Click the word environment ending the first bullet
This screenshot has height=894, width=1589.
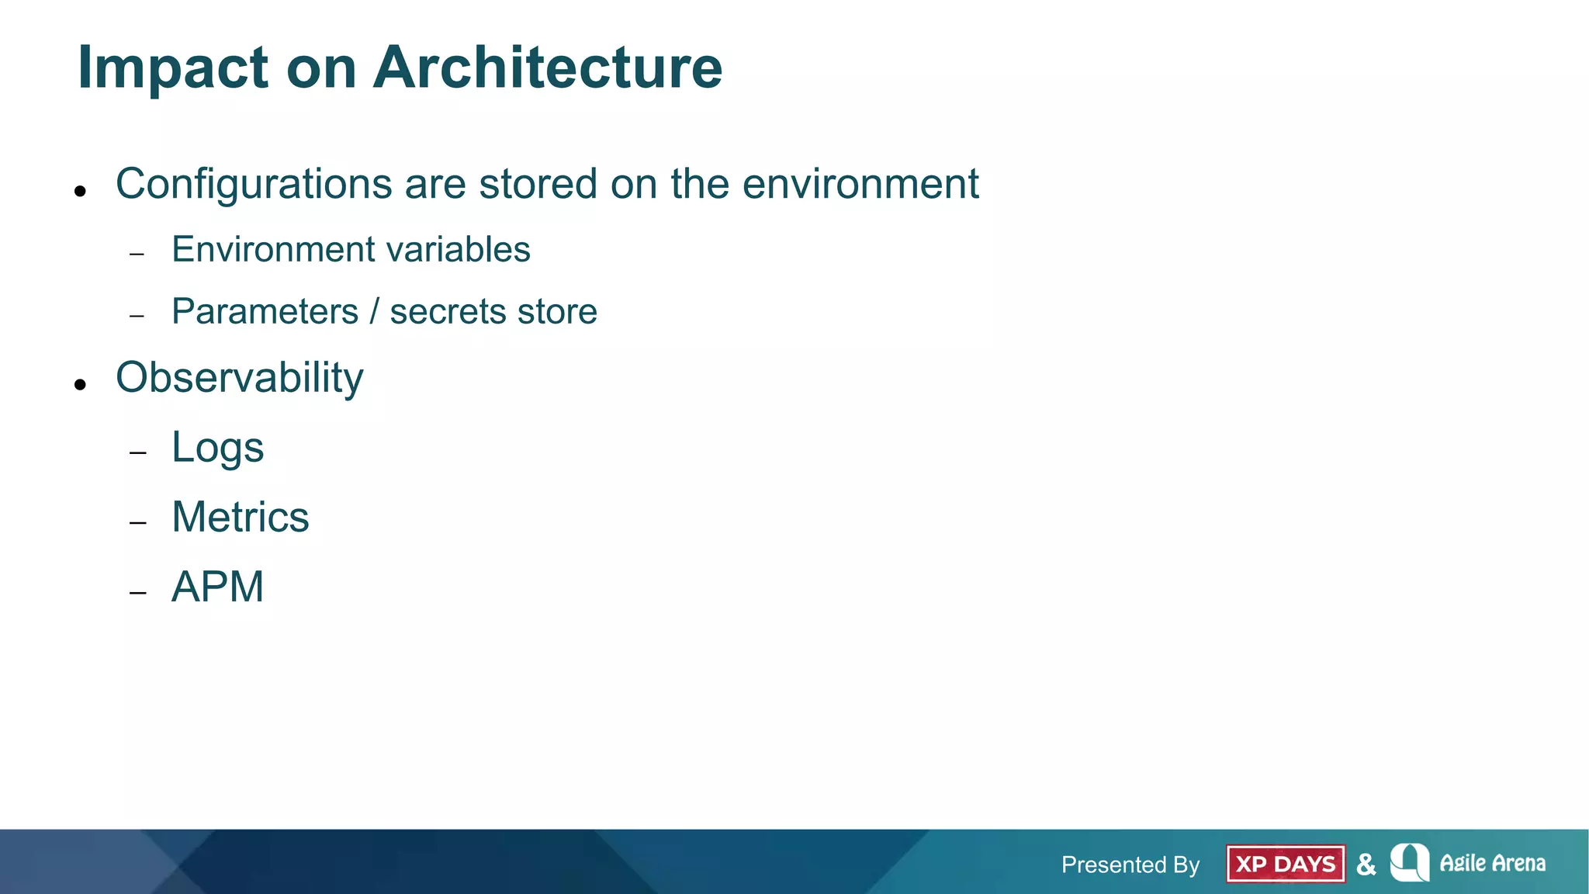point(860,184)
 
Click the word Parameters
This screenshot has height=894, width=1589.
point(265,312)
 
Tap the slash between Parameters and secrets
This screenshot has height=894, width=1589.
point(374,312)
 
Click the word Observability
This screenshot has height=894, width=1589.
point(239,378)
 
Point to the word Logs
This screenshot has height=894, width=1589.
point(217,448)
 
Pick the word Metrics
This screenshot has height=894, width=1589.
point(240,517)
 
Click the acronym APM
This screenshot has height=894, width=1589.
point(217,587)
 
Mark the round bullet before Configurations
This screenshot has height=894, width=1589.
point(80,191)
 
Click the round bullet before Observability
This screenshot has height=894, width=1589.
point(80,384)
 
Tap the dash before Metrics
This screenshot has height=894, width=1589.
point(138,523)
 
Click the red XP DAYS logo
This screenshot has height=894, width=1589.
point(1286,864)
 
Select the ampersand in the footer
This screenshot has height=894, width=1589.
point(1366,864)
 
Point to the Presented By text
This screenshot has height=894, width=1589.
point(1130,865)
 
